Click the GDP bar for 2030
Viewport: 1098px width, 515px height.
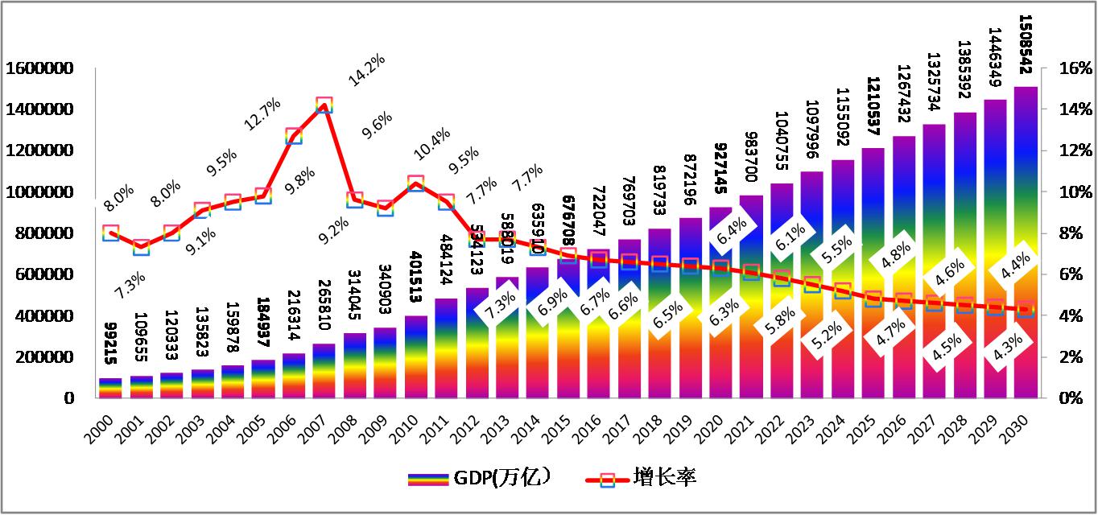pos(1025,241)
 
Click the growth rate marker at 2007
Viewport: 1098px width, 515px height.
pos(324,105)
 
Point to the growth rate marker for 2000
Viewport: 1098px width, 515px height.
pos(111,233)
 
